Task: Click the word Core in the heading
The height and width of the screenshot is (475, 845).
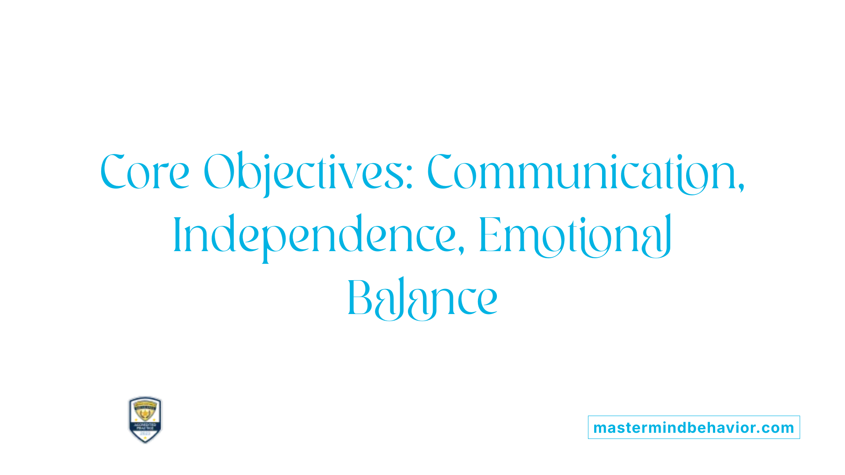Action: click(x=145, y=172)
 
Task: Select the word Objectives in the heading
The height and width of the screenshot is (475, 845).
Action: click(x=304, y=172)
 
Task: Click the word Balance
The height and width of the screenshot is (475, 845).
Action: click(x=422, y=299)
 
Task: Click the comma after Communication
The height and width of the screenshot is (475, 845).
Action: click(x=741, y=187)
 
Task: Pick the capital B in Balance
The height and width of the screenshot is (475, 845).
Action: click(x=360, y=298)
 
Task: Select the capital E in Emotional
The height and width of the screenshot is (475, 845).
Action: click(x=490, y=235)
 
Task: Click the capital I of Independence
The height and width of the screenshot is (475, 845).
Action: click(x=177, y=235)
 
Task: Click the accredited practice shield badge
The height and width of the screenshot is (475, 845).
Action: click(x=145, y=420)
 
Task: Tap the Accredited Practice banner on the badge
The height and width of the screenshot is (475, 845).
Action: click(x=145, y=426)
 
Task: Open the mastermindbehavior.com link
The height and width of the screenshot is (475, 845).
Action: click(x=694, y=427)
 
